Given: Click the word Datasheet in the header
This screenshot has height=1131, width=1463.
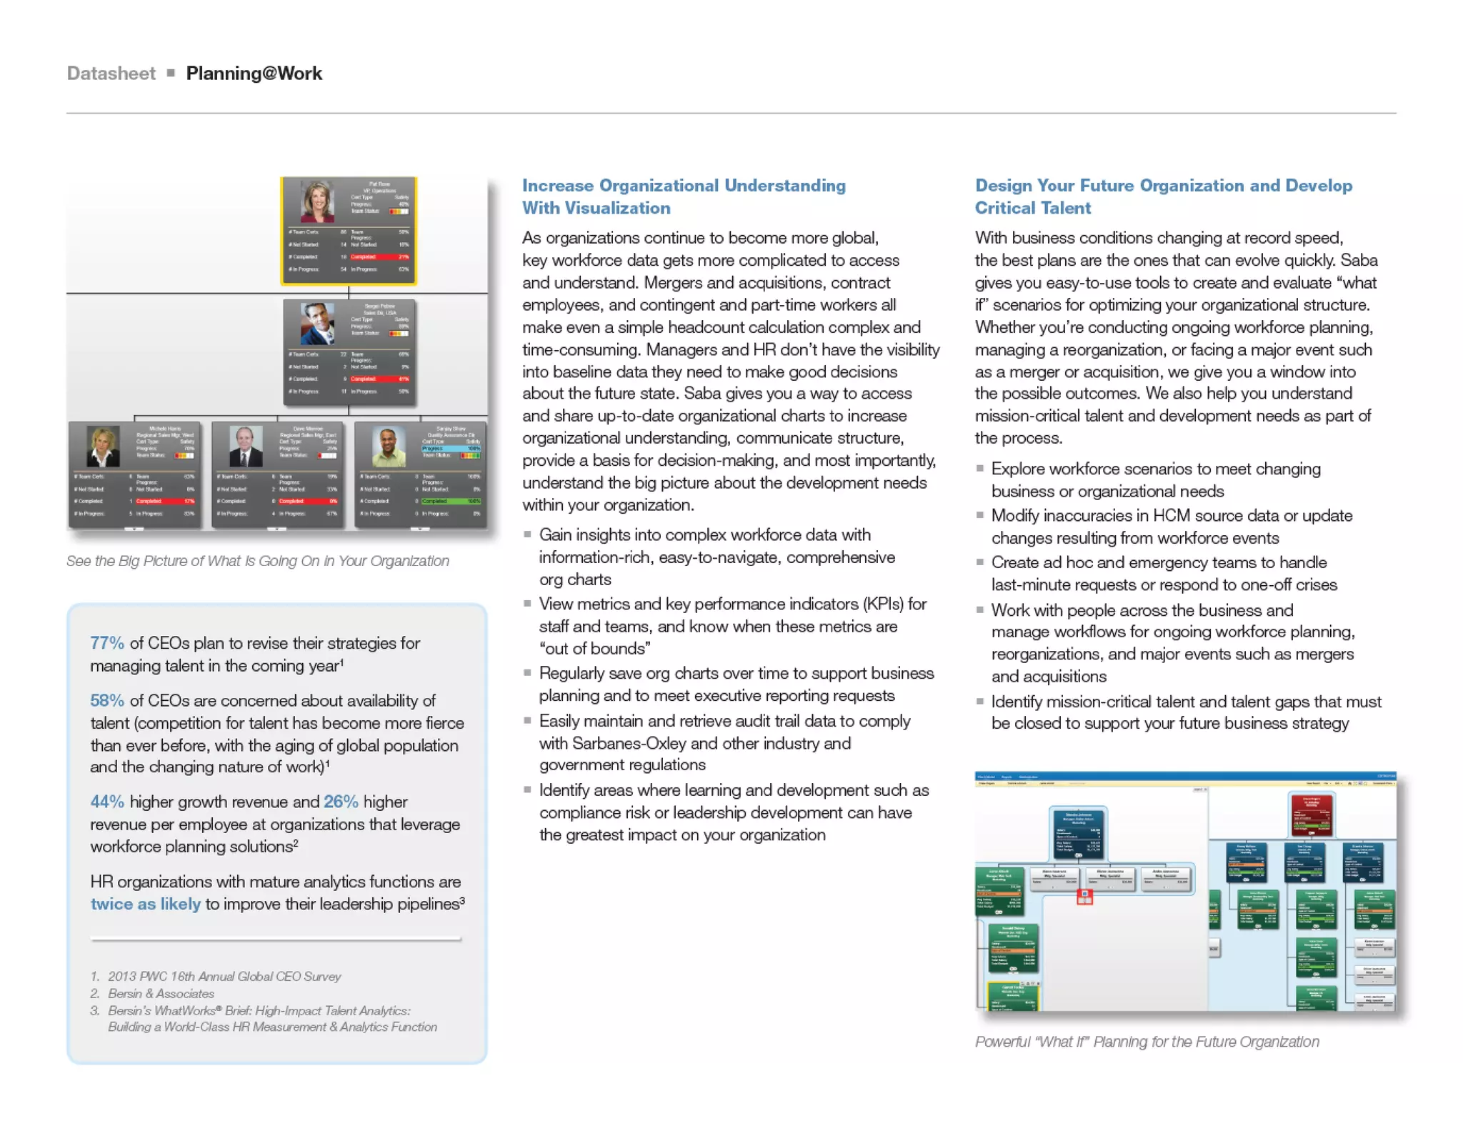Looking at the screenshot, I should [x=111, y=74].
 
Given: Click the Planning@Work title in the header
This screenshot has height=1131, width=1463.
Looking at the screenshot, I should [x=254, y=74].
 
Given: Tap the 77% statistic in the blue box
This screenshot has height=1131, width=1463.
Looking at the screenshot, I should [x=107, y=643].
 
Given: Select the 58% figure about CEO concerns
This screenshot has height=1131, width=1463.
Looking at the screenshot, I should [x=107, y=701].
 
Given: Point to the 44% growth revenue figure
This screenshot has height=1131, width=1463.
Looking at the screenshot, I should [x=107, y=802].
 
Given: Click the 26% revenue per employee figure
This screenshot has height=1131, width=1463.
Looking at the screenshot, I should [x=341, y=802].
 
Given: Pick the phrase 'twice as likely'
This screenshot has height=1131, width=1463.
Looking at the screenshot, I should [x=145, y=904].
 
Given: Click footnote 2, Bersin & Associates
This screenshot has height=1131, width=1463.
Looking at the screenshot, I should [x=161, y=993].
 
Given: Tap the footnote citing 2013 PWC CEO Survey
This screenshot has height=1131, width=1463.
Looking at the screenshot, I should [x=224, y=976].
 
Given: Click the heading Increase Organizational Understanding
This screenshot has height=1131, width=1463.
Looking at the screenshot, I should [x=683, y=186].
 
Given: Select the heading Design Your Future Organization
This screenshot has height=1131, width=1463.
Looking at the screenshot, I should [x=1163, y=186].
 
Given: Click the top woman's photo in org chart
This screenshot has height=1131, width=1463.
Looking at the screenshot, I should [x=317, y=202].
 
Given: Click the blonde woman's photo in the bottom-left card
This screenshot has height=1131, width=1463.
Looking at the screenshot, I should [x=103, y=447].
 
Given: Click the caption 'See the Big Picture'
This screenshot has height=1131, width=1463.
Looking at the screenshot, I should [x=257, y=561].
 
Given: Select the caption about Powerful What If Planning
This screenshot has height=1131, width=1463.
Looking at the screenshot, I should [x=1147, y=1042].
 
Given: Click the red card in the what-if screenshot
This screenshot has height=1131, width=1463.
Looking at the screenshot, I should [x=1311, y=815].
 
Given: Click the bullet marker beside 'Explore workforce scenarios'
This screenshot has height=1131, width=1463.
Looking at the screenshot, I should [x=980, y=469].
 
